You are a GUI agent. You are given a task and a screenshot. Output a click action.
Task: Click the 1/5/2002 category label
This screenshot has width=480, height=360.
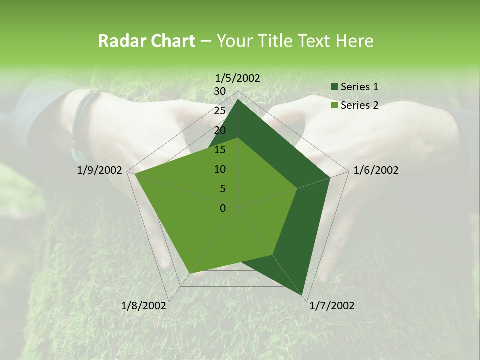(238, 78)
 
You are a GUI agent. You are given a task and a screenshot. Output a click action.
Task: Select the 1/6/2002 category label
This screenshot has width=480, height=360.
(376, 170)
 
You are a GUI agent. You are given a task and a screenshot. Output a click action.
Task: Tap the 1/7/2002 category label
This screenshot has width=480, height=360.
(332, 306)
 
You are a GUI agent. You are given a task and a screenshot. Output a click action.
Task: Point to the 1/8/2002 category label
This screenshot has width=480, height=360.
(144, 306)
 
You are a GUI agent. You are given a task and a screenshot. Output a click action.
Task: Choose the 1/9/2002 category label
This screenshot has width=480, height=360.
(100, 170)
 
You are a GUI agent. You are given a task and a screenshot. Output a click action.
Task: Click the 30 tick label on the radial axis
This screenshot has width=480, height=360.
(220, 91)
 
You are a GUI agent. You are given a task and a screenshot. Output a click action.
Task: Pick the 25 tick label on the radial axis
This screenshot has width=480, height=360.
(220, 111)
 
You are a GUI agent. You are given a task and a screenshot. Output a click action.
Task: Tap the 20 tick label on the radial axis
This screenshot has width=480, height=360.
(220, 130)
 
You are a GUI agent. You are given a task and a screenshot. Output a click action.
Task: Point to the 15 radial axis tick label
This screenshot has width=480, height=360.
(220, 150)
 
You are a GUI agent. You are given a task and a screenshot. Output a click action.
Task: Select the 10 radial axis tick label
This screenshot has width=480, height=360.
(220, 169)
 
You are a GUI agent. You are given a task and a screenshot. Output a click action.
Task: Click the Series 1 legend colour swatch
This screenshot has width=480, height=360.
(334, 87)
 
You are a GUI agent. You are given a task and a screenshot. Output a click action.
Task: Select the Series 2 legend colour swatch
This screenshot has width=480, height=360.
(334, 105)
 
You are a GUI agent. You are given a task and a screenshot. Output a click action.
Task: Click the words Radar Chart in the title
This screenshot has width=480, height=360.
(146, 41)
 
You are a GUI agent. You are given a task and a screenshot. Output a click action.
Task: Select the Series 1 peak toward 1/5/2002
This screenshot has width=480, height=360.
(238, 100)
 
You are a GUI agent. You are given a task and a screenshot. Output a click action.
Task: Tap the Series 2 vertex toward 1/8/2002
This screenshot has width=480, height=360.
(190, 273)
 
